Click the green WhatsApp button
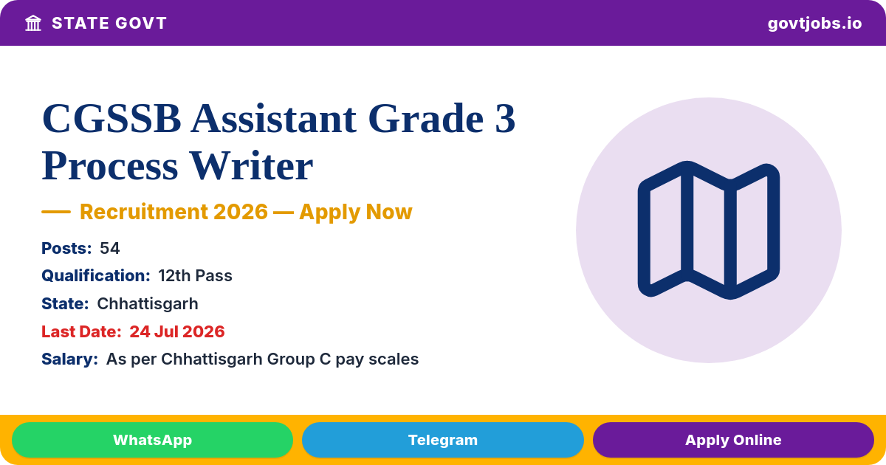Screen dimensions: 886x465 (152, 440)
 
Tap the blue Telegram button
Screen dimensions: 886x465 (442, 440)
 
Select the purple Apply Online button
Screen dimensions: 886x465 (733, 440)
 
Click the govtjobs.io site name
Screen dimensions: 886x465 (814, 24)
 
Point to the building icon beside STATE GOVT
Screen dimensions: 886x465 (33, 24)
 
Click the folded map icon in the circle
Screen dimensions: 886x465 (708, 230)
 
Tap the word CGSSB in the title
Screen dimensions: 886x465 (111, 118)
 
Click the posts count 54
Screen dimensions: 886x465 (109, 248)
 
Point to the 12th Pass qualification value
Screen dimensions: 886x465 (195, 275)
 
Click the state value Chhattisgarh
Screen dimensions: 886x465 (148, 303)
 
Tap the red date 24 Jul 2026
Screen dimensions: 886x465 (177, 331)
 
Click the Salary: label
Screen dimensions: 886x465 (69, 359)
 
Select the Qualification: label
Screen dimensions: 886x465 (96, 275)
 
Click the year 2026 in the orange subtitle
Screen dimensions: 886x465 (241, 212)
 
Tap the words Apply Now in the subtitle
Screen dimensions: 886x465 (356, 212)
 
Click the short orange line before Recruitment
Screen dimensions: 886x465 (56, 212)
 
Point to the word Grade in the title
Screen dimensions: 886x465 (425, 118)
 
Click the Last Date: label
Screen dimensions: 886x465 (81, 331)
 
